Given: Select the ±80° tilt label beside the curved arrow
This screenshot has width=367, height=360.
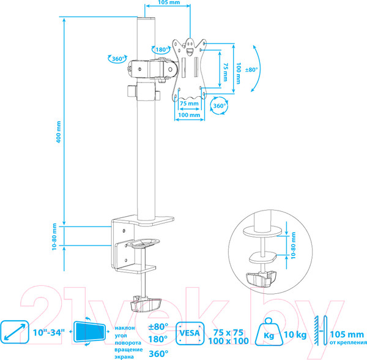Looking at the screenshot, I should coord(251,69).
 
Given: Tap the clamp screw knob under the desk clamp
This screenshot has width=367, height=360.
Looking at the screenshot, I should coord(146,303).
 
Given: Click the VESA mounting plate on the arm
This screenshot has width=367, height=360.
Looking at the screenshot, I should coord(192,67).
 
